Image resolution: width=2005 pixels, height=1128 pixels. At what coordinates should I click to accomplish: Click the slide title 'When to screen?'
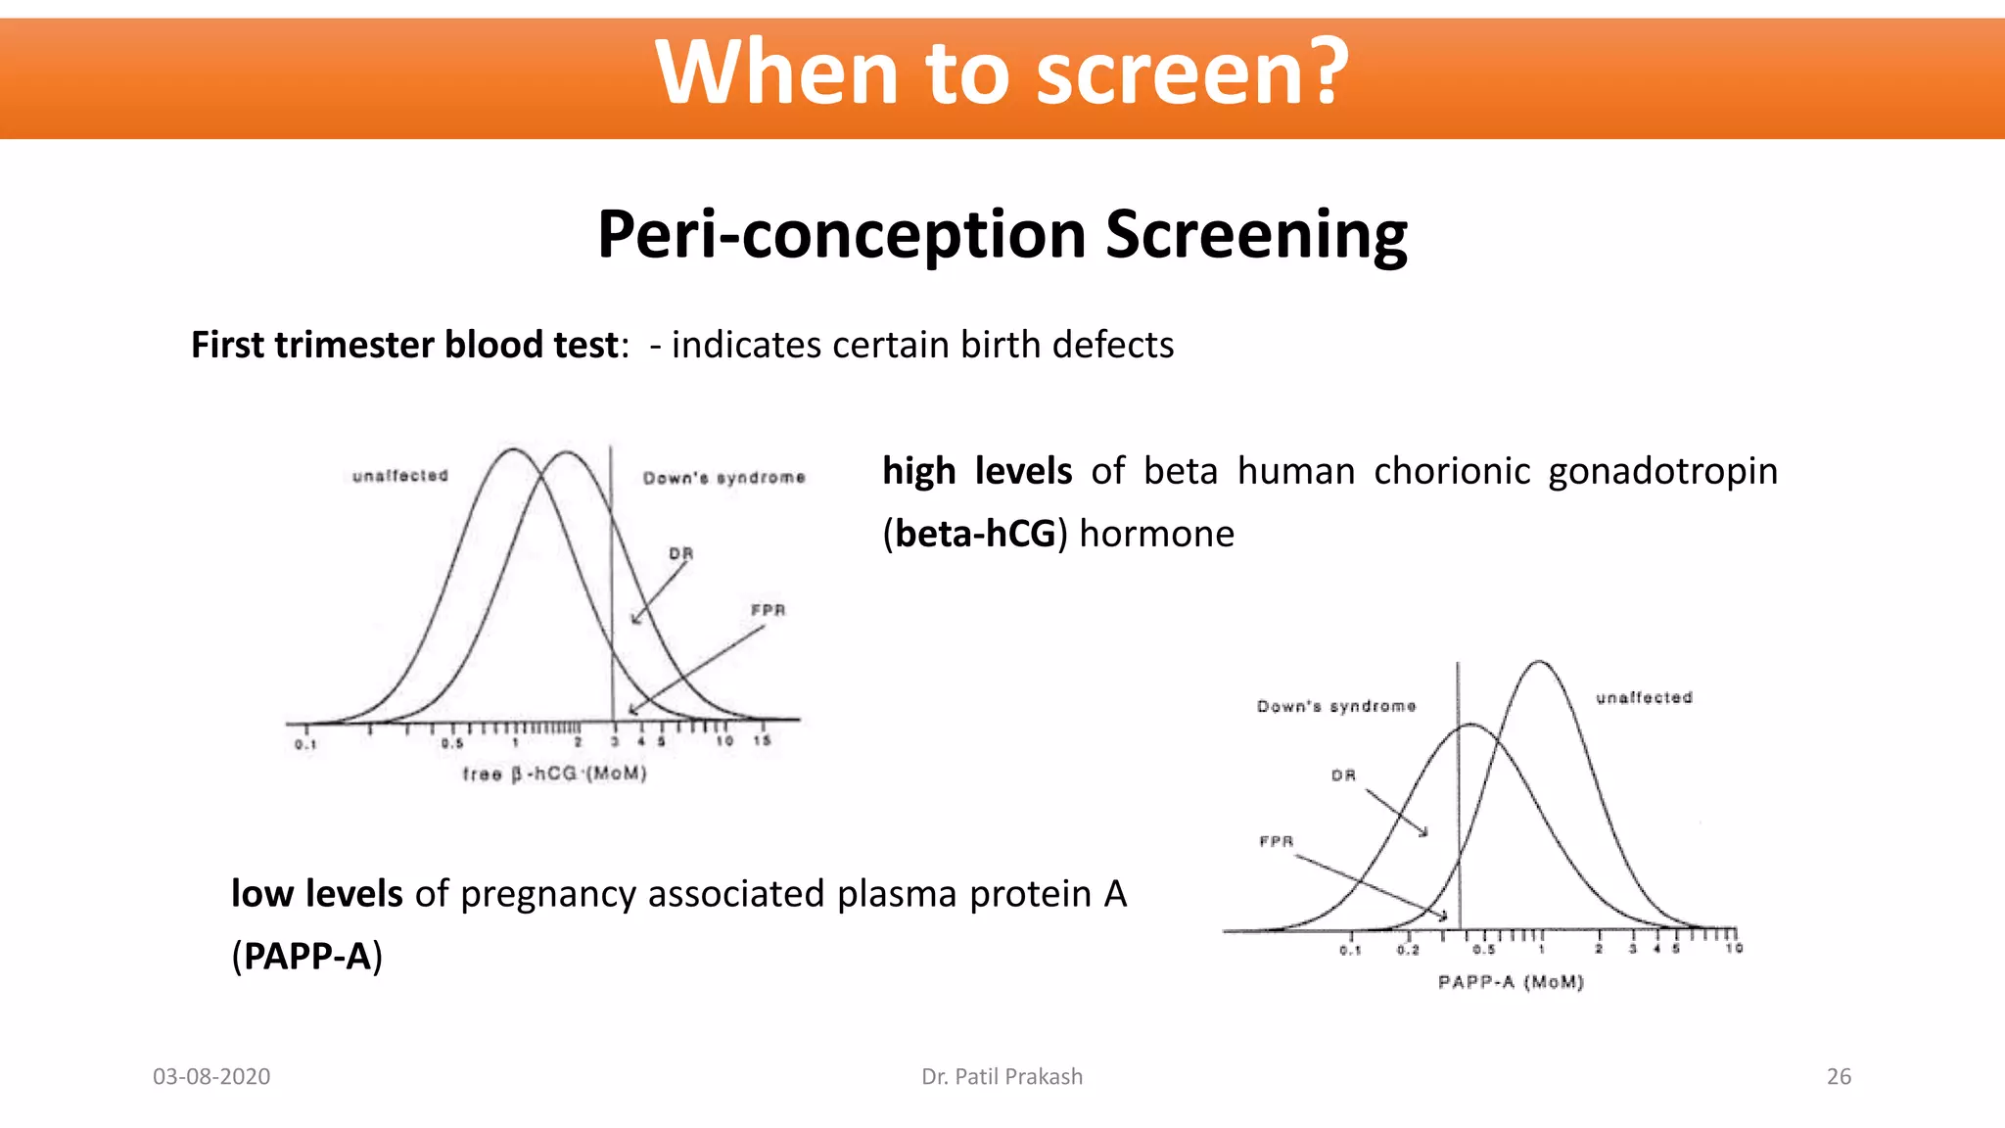[x=1002, y=72]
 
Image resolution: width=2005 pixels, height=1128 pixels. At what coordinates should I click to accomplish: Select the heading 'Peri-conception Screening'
[x=1002, y=236]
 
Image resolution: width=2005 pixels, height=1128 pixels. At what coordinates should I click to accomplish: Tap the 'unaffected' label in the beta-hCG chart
[x=399, y=476]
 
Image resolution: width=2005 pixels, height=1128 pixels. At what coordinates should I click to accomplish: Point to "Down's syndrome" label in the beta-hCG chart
[x=723, y=478]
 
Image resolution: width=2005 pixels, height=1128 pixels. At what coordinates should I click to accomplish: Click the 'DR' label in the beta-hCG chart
[x=680, y=554]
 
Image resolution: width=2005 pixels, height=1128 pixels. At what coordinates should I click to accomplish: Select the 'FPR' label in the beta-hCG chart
[x=768, y=611]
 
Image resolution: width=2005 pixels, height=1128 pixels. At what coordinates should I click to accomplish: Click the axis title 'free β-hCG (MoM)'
[x=554, y=775]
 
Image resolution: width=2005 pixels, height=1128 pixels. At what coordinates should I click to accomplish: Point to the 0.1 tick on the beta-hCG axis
[x=305, y=745]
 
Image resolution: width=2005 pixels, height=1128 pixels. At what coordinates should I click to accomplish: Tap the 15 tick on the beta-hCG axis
[x=762, y=741]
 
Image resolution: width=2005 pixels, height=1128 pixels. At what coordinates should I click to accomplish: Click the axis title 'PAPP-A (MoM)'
[x=1510, y=982]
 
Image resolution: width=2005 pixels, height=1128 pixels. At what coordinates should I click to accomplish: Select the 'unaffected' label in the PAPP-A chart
[x=1644, y=698]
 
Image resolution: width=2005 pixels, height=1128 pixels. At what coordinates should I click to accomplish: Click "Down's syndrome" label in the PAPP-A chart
[x=1336, y=707]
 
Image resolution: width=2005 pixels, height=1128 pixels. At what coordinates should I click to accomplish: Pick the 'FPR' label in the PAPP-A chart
[x=1276, y=842]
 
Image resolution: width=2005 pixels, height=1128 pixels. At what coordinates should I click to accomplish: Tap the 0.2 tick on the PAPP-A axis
[x=1408, y=950]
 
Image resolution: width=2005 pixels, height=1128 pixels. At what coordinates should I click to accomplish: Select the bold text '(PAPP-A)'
[x=306, y=957]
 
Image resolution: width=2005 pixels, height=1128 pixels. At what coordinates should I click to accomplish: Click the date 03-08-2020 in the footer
[x=211, y=1077]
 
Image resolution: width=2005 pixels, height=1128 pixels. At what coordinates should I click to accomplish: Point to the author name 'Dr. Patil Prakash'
[x=1002, y=1077]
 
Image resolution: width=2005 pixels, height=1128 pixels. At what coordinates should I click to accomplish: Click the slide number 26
[x=1839, y=1077]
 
